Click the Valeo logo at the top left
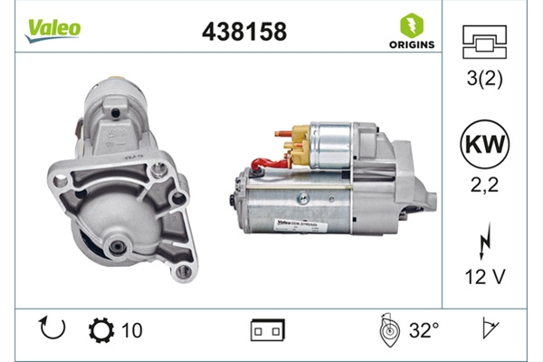click(52, 31)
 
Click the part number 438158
click(244, 32)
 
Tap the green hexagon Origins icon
click(412, 25)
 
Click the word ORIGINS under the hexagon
click(412, 44)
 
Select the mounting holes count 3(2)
click(484, 79)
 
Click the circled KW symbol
click(484, 144)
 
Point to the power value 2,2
click(484, 185)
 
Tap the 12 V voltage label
click(485, 276)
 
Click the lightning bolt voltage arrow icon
click(484, 242)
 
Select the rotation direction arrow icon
click(52, 328)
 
